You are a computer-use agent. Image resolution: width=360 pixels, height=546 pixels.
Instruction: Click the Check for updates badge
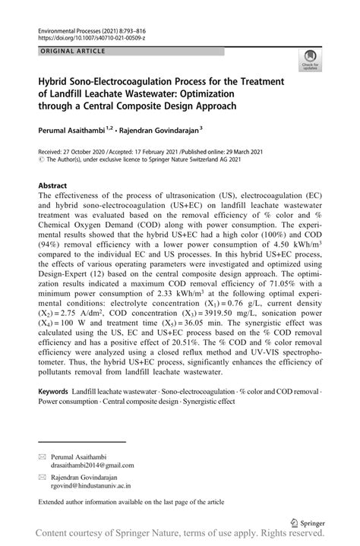click(x=310, y=60)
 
